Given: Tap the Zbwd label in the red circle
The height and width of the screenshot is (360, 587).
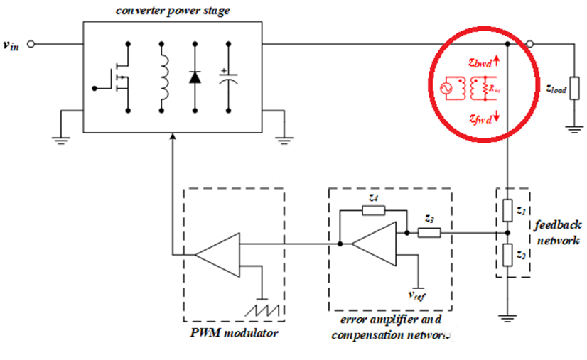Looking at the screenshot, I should click(485, 62).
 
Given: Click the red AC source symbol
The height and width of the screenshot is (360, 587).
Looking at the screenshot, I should click(448, 89).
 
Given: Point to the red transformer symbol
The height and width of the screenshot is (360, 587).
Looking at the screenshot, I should click(467, 89).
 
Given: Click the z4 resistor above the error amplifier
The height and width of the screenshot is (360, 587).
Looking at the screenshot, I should click(372, 209).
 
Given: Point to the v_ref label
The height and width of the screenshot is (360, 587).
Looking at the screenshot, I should click(416, 293).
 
